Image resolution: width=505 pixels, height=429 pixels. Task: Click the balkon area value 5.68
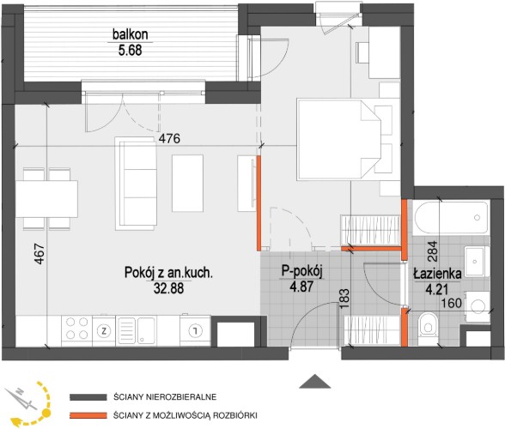click(x=131, y=51)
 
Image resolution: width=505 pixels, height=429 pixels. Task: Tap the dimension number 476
click(x=170, y=139)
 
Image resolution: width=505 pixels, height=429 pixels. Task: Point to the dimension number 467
click(x=39, y=254)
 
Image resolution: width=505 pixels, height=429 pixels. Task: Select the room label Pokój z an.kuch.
click(x=168, y=273)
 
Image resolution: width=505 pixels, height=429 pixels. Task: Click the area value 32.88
click(x=168, y=288)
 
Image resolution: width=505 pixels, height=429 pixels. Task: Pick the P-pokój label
click(x=301, y=271)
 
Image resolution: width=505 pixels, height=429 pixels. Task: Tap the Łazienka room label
click(x=437, y=274)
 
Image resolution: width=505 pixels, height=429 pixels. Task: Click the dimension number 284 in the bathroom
click(x=433, y=251)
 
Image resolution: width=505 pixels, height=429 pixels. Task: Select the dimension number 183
click(x=344, y=299)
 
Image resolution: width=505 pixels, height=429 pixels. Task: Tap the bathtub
click(x=451, y=217)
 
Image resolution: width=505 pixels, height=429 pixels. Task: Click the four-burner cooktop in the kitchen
click(x=76, y=328)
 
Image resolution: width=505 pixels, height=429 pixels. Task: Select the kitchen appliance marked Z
click(x=104, y=330)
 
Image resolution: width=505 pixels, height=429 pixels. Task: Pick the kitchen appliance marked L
click(x=195, y=329)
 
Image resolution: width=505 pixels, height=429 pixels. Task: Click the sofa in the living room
click(x=136, y=184)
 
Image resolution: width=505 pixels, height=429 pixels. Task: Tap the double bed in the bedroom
click(x=338, y=139)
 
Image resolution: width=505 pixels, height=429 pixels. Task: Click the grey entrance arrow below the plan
click(x=315, y=381)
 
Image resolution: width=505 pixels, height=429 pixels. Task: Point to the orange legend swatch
click(x=88, y=415)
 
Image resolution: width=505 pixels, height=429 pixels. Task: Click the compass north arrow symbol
click(x=21, y=399)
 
